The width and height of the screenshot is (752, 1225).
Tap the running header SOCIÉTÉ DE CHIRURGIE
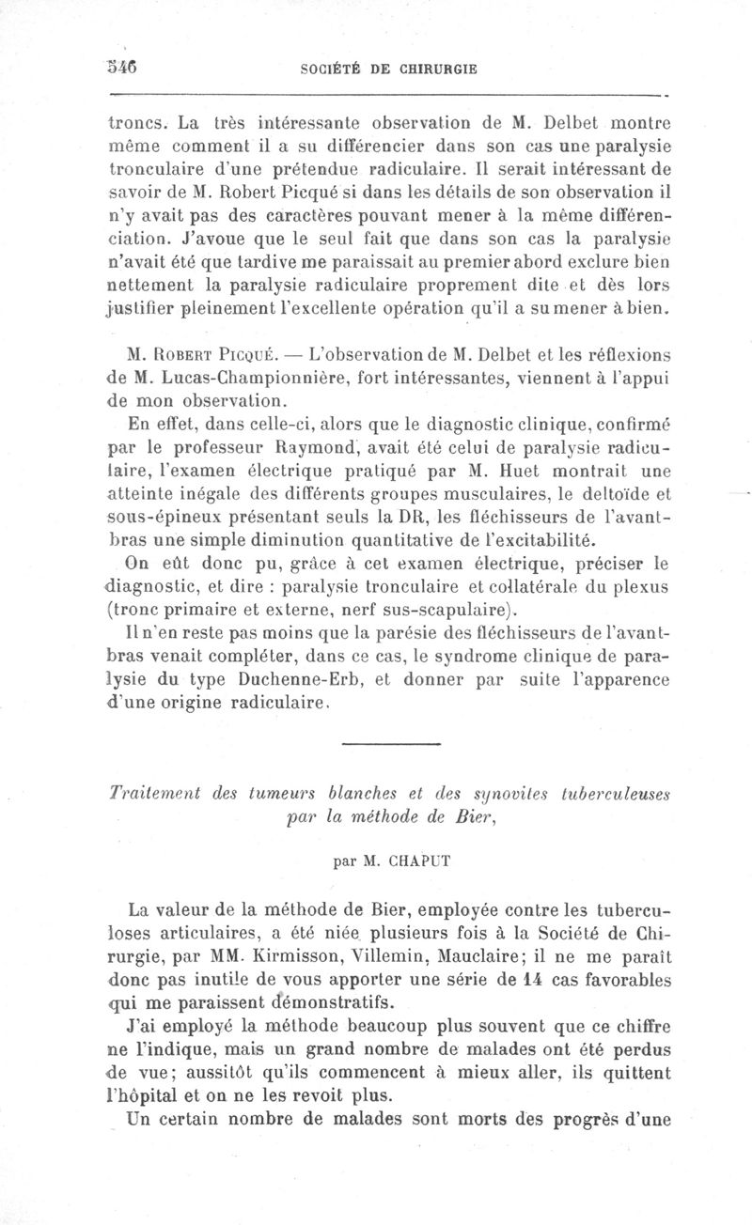(x=387, y=69)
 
